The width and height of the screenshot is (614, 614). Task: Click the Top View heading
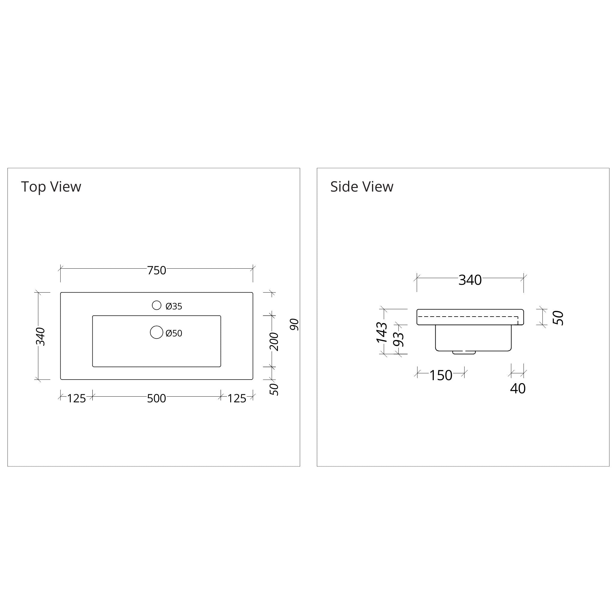click(51, 186)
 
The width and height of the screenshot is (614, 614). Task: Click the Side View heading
click(362, 186)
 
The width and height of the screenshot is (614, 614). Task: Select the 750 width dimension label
click(156, 270)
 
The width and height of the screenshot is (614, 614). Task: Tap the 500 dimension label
click(156, 398)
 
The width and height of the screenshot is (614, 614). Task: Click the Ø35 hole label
click(174, 306)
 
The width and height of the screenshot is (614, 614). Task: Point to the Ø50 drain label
click(174, 333)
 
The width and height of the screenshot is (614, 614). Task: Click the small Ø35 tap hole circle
click(157, 306)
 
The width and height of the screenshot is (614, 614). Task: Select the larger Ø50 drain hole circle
click(157, 332)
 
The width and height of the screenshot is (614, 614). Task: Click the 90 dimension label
click(295, 324)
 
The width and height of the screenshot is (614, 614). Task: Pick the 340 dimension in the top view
click(41, 336)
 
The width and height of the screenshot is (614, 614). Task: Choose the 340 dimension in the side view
click(470, 280)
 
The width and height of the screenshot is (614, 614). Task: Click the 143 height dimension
click(382, 332)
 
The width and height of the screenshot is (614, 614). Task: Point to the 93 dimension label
click(398, 339)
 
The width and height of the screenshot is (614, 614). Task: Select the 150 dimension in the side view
click(441, 375)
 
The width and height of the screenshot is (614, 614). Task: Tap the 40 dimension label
click(518, 388)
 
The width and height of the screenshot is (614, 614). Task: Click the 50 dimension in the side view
click(558, 318)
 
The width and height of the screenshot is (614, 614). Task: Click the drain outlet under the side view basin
click(464, 353)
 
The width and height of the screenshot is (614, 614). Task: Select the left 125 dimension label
click(76, 398)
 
